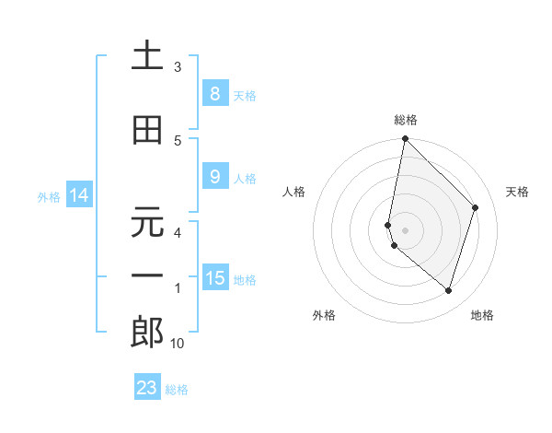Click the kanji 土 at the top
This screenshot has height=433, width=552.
click(147, 56)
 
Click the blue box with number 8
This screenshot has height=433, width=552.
click(214, 93)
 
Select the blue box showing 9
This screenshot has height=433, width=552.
click(214, 177)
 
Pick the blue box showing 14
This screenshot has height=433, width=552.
click(78, 195)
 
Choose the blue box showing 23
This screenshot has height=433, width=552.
click(147, 388)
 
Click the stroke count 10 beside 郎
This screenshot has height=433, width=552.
click(178, 344)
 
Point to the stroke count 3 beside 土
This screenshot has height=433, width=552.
click(178, 67)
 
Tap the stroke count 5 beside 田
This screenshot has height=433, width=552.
click(178, 140)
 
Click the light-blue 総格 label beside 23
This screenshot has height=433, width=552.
click(177, 390)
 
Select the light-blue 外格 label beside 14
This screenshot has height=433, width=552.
click(49, 197)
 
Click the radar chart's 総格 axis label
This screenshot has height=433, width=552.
click(406, 120)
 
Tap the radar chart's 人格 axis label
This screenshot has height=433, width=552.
click(294, 192)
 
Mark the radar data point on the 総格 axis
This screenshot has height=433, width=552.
click(406, 139)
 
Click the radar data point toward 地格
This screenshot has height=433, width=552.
click(448, 291)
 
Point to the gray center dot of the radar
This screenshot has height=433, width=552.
click(406, 229)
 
